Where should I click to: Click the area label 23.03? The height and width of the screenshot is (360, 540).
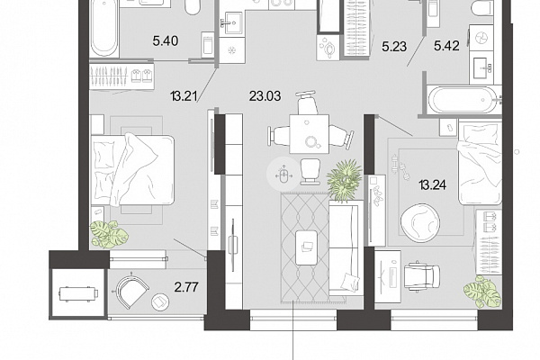265,96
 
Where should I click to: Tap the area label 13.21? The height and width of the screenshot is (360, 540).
184,96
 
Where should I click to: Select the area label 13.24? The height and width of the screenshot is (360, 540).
433,185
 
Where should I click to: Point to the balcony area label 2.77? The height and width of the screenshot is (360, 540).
186,287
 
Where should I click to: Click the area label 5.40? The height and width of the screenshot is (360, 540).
166,41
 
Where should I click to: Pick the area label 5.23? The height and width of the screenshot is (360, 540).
394,46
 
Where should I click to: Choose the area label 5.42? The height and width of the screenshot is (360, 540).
446,46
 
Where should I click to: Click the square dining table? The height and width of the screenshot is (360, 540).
310,134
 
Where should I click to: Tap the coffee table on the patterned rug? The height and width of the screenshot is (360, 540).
307,247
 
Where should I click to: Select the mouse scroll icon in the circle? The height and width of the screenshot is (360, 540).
283,175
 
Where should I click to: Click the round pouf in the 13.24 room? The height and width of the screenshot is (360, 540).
420,222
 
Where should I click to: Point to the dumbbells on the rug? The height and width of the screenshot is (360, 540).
400,167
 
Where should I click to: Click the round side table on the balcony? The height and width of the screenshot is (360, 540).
160,301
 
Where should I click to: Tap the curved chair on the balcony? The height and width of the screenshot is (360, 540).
131,290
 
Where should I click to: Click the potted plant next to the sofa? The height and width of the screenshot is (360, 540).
345,180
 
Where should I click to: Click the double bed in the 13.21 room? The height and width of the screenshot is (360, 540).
132,169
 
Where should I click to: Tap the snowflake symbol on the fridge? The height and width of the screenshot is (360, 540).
232,50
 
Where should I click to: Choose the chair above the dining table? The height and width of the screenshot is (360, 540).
306,102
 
